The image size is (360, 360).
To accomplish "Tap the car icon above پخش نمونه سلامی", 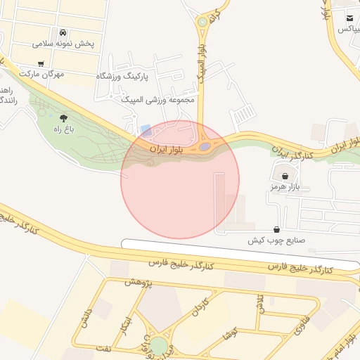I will click(x=63, y=33).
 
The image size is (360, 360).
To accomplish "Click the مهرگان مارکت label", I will click(x=41, y=73).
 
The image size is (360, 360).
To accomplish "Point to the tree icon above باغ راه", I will click(x=64, y=118).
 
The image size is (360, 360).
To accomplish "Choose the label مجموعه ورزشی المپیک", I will click(x=160, y=100).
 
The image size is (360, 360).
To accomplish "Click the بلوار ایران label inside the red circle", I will click(x=169, y=149).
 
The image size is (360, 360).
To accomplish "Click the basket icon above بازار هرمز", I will click(x=284, y=176).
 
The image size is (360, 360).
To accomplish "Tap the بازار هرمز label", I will click(x=284, y=187).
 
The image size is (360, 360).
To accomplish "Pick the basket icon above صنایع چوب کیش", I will click(x=276, y=229).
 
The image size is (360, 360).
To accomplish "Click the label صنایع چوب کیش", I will click(x=276, y=240).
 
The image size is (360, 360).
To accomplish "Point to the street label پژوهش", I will click(x=138, y=282).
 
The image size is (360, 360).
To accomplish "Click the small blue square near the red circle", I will click(x=146, y=131).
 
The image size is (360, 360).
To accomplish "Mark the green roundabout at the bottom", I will click(x=160, y=346).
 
